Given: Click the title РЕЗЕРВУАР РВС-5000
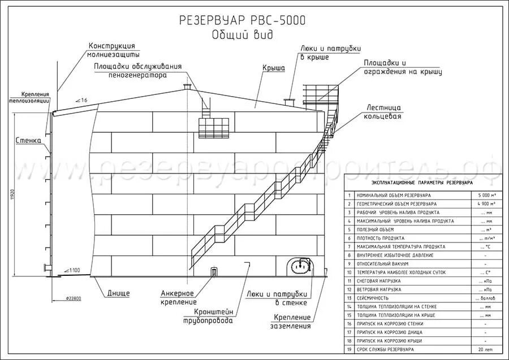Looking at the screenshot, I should click(242, 21).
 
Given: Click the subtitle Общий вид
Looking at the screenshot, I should click(242, 35).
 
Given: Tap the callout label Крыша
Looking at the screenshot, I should click(273, 68).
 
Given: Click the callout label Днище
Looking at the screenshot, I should click(118, 293).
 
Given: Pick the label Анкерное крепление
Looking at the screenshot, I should click(178, 297).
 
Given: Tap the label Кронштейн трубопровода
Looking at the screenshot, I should click(213, 316).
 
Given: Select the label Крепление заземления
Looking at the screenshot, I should click(293, 321).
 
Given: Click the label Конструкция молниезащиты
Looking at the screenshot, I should click(113, 50).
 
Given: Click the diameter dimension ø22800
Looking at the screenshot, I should click(74, 298).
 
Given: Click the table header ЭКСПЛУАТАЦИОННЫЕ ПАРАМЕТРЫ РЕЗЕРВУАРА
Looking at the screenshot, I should click(422, 183).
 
